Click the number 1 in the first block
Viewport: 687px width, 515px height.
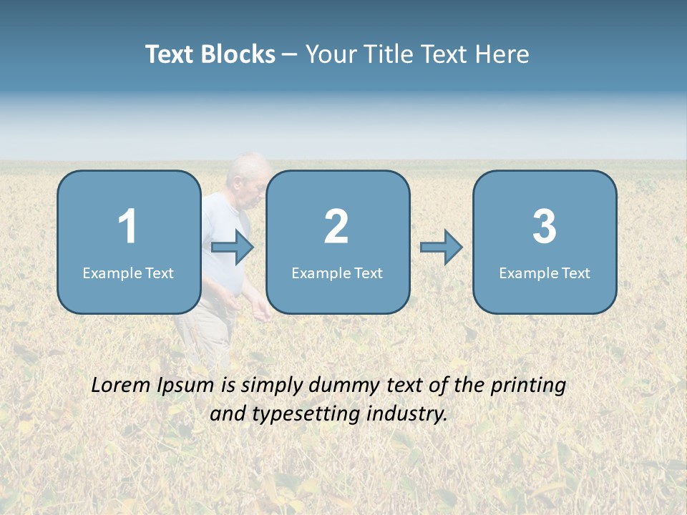(128, 227)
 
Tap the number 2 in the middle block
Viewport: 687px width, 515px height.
(336, 227)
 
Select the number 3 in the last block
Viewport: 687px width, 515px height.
(545, 227)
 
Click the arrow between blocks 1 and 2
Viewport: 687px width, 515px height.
(233, 247)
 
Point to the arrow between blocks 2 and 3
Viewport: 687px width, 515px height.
(441, 247)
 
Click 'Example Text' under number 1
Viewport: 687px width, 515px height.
(128, 273)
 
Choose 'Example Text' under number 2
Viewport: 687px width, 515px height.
(337, 273)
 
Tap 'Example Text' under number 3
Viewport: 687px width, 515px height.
(545, 273)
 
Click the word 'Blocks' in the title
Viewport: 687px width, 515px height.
(238, 54)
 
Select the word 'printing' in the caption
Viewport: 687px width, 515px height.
(527, 386)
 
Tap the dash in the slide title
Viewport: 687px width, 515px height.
(291, 55)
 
